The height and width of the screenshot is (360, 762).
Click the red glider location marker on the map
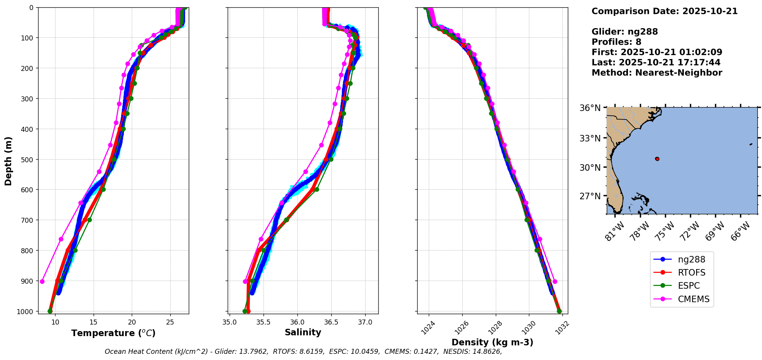pos(657,159)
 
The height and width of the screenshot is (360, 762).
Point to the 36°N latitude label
pos(590,108)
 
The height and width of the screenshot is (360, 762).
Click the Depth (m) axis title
pos(8,161)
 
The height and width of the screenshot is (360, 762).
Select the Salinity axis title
pos(303,332)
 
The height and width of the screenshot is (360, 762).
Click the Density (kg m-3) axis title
pos(492,342)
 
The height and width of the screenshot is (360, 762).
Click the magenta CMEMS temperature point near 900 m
pos(42,281)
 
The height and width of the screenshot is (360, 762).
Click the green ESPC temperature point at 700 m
pos(89,220)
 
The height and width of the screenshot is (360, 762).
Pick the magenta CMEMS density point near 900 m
pos(555,281)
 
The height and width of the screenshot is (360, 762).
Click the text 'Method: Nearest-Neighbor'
pos(657,73)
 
